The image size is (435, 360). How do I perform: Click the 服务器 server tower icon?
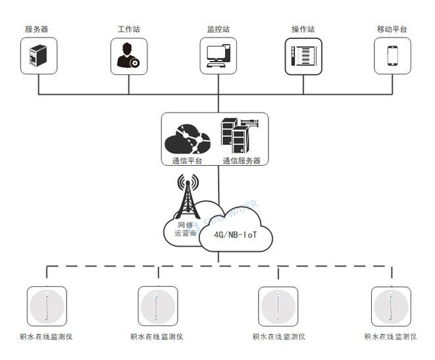click(x=38, y=55)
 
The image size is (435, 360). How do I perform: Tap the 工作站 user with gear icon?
click(x=128, y=55)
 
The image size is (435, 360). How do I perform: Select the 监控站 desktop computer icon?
click(x=218, y=56)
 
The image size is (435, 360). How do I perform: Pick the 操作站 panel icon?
click(x=303, y=57)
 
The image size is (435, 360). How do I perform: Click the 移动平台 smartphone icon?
click(x=392, y=56)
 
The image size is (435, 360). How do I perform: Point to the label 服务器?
click(x=37, y=29)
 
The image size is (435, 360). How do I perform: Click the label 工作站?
click(x=129, y=29)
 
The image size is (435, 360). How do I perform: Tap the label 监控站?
click(x=218, y=29)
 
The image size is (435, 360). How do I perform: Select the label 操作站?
click(x=303, y=29)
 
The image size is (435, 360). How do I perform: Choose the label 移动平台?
click(x=392, y=29)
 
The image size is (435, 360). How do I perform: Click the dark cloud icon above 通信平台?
click(x=188, y=139)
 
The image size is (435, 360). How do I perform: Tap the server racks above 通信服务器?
click(x=240, y=136)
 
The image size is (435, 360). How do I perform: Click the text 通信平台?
click(x=187, y=161)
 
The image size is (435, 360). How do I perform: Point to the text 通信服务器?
click(x=242, y=161)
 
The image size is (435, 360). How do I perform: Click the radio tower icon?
click(x=188, y=196)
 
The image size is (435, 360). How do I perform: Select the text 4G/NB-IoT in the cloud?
click(x=235, y=235)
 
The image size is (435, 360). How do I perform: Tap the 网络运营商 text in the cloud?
click(x=186, y=229)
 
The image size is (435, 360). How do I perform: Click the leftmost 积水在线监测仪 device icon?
click(x=47, y=306)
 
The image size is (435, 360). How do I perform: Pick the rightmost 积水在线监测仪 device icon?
click(x=391, y=306)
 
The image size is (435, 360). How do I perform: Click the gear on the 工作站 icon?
click(x=135, y=63)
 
